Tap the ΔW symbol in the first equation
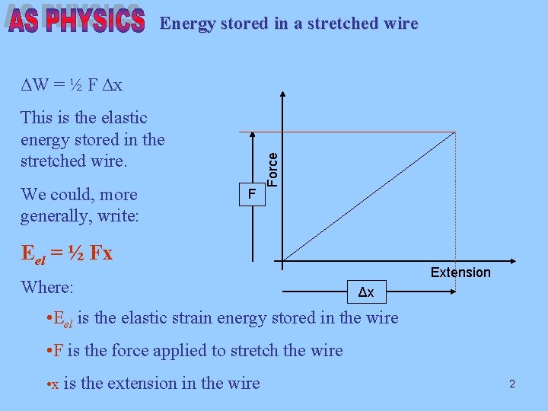(x=36, y=84)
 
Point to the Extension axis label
(x=460, y=272)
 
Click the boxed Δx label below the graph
(x=366, y=292)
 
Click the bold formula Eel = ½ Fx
(x=67, y=253)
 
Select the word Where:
(x=47, y=288)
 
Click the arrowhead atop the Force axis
(x=282, y=97)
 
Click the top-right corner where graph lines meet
(x=455, y=132)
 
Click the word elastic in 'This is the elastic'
(x=122, y=118)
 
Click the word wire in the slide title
(x=399, y=24)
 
